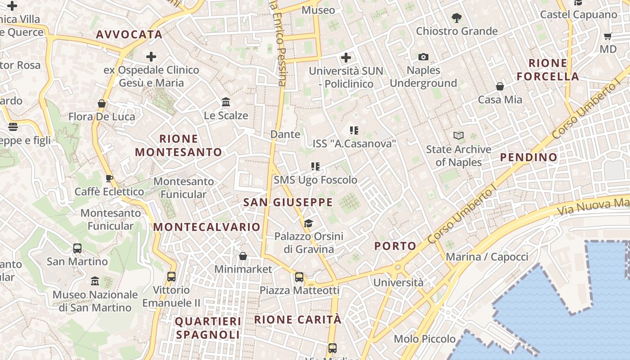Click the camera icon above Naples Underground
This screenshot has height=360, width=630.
423,57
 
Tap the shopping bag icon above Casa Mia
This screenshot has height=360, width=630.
499,86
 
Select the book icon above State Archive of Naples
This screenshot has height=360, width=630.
458,135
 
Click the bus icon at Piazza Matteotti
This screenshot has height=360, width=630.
299,277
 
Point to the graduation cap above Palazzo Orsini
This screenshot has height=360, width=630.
308,223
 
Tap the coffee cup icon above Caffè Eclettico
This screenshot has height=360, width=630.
109,179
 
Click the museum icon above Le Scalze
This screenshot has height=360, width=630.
226,102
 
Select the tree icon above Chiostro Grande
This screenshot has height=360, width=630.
457,18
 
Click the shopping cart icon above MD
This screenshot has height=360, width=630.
608,36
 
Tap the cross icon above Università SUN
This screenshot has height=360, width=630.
346,58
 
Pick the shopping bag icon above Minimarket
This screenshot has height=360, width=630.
243,256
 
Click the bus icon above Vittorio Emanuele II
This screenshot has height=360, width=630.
171,277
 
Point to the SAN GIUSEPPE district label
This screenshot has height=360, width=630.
288,202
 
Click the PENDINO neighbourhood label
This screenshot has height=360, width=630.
529,157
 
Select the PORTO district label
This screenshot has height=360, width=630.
396,246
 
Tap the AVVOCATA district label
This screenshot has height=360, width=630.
129,35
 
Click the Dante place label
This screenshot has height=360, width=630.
285,134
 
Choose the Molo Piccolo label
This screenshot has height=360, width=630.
425,339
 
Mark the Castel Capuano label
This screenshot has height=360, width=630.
579,14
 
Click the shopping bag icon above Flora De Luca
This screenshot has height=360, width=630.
102,103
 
